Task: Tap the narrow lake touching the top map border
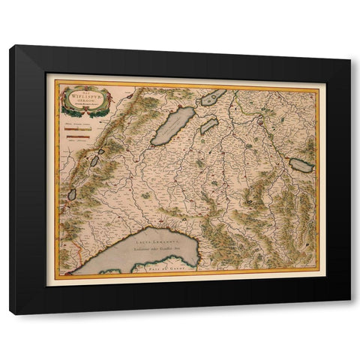pos(213,97)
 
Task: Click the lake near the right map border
pos(301,165)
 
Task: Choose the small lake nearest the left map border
pos(72,194)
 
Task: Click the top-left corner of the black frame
pos(10,46)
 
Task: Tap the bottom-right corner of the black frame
pos(350,313)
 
